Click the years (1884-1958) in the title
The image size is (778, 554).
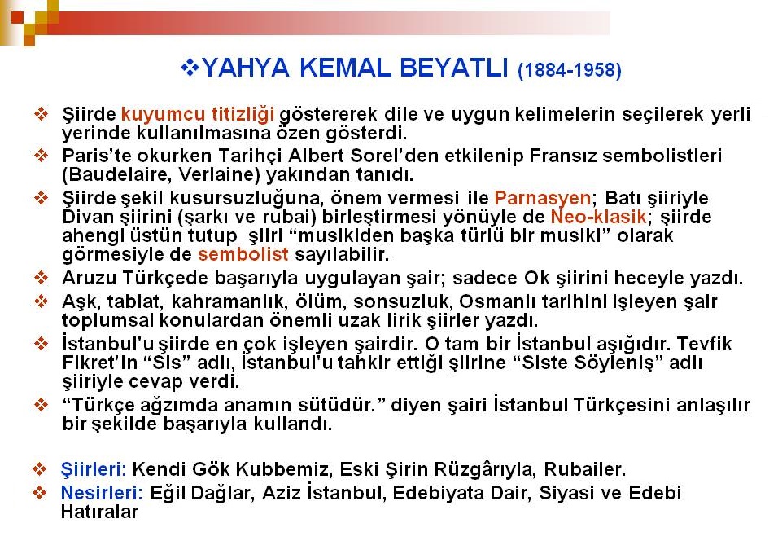pyautogui.click(x=569, y=70)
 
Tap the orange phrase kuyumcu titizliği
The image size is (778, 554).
pyautogui.click(x=198, y=114)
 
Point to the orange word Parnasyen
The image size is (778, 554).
pyautogui.click(x=542, y=198)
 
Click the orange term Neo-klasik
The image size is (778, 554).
pyautogui.click(x=598, y=217)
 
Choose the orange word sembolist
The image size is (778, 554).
pyautogui.click(x=243, y=254)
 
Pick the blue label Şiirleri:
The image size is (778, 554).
pyautogui.click(x=94, y=469)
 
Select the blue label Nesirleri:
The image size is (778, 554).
pyautogui.click(x=102, y=494)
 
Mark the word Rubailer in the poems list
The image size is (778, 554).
pyautogui.click(x=584, y=469)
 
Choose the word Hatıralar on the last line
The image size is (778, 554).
pyautogui.click(x=99, y=512)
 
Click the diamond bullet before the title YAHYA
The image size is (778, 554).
pyautogui.click(x=190, y=67)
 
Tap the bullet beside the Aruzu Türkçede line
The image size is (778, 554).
pyautogui.click(x=41, y=277)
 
